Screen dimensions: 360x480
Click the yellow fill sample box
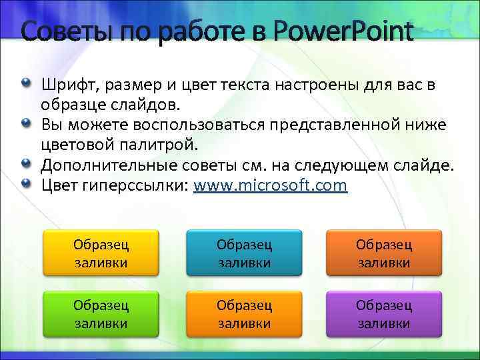(101, 253)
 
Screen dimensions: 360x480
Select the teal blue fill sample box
(243, 253)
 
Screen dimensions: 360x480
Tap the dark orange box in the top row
(384, 253)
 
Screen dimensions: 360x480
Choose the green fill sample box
(101, 315)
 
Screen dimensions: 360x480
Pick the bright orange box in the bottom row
(243, 315)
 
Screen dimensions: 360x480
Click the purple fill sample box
(384, 315)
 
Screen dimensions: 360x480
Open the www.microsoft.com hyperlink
(270, 185)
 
